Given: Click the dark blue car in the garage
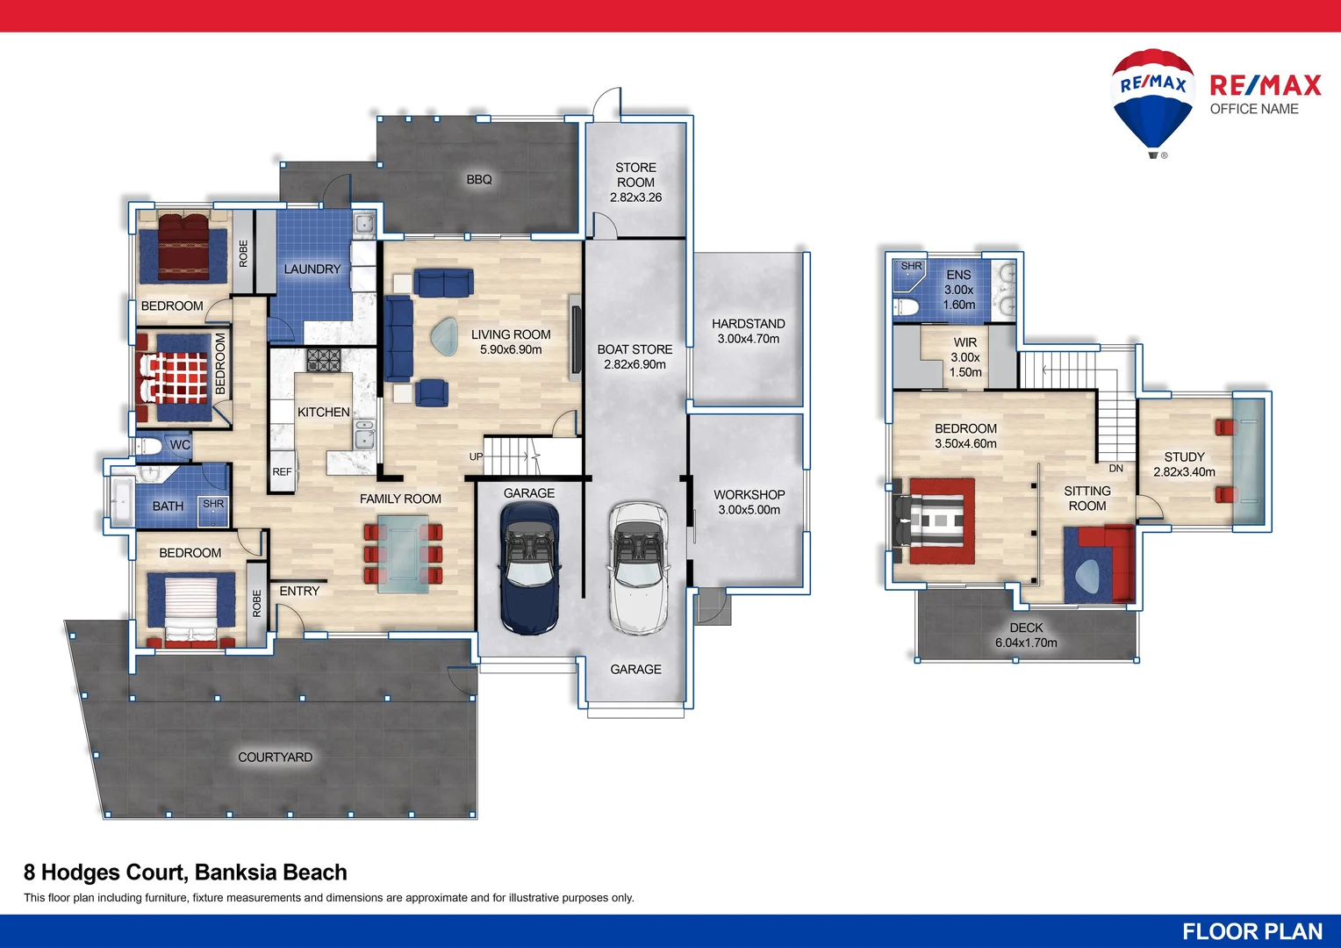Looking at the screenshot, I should tap(529, 567).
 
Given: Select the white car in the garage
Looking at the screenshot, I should tap(638, 567).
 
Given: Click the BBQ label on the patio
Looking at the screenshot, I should tap(479, 179).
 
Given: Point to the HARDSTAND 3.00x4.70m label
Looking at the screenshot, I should tap(748, 331).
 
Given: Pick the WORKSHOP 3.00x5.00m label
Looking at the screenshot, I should tap(749, 502).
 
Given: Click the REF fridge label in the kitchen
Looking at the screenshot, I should tap(282, 472).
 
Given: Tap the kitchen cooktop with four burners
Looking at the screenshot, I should tap(323, 360).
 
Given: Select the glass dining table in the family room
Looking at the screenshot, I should tap(403, 553).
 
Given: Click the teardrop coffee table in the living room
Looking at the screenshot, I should tap(444, 335).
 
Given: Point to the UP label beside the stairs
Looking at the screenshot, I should tap(476, 456).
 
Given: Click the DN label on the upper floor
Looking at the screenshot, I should tap(1115, 469).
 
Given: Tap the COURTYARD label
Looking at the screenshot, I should tap(275, 758).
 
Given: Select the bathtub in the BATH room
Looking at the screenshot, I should tap(120, 502).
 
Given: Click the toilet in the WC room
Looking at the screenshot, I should tap(150, 447).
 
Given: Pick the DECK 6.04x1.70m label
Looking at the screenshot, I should tap(1026, 636).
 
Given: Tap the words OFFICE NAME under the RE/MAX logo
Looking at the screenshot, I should tap(1253, 109).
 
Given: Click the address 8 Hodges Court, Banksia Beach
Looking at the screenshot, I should tap(185, 873).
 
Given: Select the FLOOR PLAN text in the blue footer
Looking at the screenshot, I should tap(1251, 931).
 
